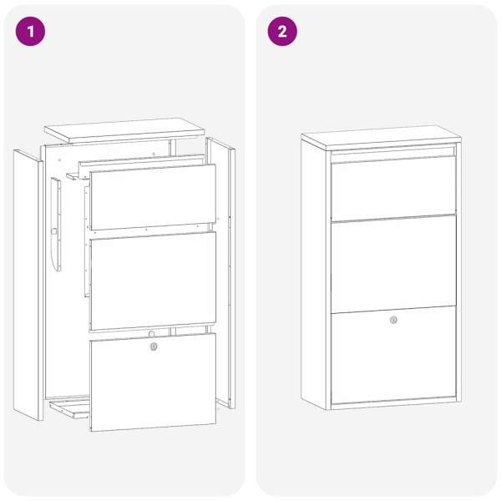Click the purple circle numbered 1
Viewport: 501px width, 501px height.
[x=30, y=32]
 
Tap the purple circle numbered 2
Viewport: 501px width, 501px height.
[x=282, y=32]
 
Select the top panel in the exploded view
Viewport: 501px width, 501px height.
[x=124, y=131]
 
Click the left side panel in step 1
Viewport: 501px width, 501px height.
[x=28, y=285]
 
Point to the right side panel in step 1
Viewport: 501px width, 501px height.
[x=220, y=272]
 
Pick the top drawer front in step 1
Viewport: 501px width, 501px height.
[x=153, y=197]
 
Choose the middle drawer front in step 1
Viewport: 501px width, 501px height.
[x=153, y=281]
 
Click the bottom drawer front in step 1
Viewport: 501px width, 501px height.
[x=153, y=382]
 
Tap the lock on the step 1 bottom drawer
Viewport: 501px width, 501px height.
[x=154, y=347]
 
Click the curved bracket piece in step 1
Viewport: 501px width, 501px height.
[x=56, y=225]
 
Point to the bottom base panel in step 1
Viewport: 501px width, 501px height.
[x=69, y=409]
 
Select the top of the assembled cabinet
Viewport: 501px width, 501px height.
[x=381, y=138]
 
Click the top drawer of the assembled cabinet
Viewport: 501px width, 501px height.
[x=393, y=189]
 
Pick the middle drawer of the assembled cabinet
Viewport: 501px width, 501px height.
[x=393, y=264]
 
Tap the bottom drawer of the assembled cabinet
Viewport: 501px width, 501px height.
[x=393, y=356]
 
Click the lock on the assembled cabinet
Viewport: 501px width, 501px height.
[x=393, y=320]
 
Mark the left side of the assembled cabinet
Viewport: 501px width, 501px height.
[x=313, y=275]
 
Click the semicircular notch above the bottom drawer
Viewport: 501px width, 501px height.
[x=151, y=334]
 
